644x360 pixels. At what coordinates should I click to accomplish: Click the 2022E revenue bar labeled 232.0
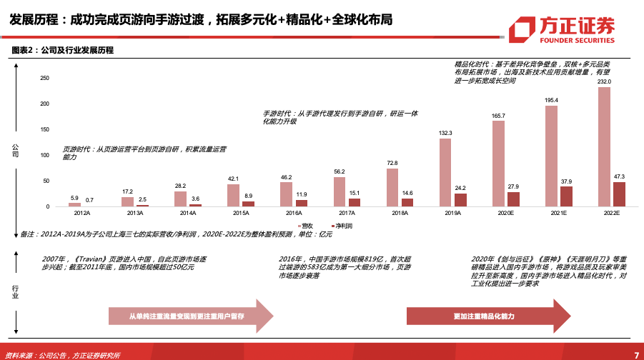(x=604, y=147)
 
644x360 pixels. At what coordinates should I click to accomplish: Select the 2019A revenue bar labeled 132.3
(x=445, y=173)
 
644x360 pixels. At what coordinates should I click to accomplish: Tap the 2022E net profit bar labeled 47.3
(x=619, y=194)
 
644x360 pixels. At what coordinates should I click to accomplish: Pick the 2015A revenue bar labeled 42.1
(x=233, y=196)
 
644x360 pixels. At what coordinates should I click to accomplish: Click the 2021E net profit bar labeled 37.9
(x=566, y=196)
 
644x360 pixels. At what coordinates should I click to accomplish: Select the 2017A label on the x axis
(x=346, y=213)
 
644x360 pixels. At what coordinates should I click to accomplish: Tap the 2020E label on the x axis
(x=505, y=213)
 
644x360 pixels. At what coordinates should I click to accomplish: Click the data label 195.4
(x=551, y=100)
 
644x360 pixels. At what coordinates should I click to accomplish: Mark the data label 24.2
(x=460, y=188)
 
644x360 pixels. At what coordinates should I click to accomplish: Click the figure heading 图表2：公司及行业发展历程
(x=63, y=50)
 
